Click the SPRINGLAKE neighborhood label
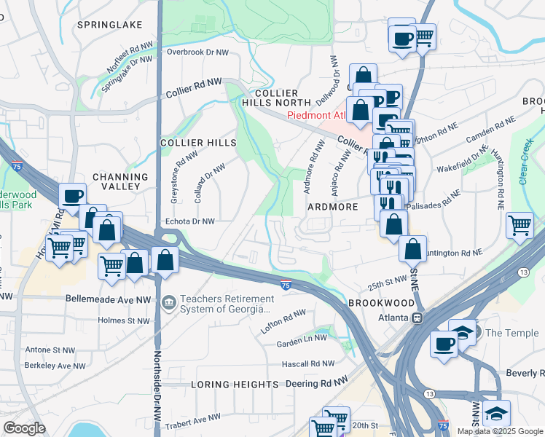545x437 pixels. pyautogui.click(x=111, y=25)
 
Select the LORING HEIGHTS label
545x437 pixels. pyautogui.click(x=235, y=384)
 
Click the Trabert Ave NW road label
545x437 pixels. pyautogui.click(x=192, y=420)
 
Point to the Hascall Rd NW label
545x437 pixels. pyautogui.click(x=310, y=363)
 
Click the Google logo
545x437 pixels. pyautogui.click(x=24, y=428)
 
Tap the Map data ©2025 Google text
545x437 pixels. pyautogui.click(x=500, y=431)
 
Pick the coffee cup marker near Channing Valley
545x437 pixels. pyautogui.click(x=73, y=195)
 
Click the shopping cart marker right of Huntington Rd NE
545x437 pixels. pyautogui.click(x=519, y=224)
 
